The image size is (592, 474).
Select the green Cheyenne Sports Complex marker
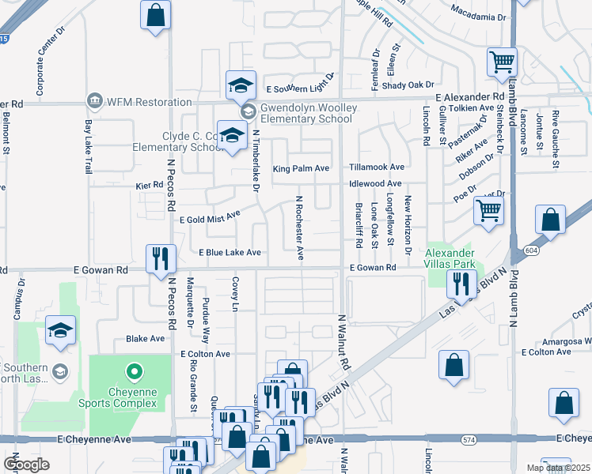coord(134,371)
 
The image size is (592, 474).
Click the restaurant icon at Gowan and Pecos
coord(161,258)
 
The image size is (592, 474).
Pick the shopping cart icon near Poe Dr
coord(488,210)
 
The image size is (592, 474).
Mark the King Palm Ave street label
coord(301,168)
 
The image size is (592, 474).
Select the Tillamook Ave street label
coord(378,167)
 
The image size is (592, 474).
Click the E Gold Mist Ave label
coord(210,217)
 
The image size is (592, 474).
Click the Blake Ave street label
coord(145,338)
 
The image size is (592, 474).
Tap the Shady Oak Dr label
coord(408,85)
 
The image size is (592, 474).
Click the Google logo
coord(27,465)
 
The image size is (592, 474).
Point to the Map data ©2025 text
coord(558,468)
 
